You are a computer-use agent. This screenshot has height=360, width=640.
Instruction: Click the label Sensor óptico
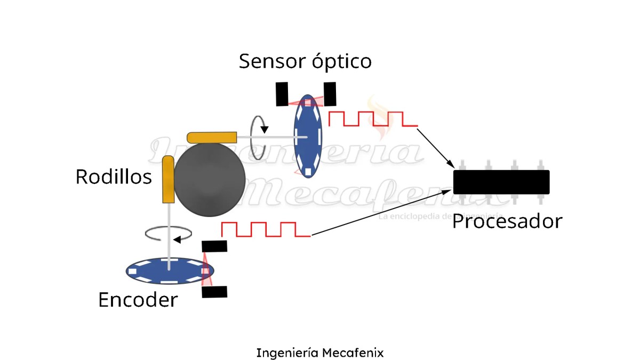coord(305,61)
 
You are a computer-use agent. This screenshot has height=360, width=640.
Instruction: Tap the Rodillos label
coord(114,177)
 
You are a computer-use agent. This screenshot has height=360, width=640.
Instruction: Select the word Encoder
coord(138,300)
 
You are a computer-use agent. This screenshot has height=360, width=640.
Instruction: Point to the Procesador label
coord(507,221)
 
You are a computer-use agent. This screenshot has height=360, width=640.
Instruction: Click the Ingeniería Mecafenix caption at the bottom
coord(320,353)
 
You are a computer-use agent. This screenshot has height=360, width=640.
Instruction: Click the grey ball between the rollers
coord(209,179)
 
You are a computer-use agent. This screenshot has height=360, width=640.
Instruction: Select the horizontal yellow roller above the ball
coord(212,137)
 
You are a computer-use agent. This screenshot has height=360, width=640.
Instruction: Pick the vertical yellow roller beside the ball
coord(168,179)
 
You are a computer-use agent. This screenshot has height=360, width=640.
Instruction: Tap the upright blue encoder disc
coord(308,137)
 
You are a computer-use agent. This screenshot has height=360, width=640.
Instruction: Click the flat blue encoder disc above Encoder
coord(169,270)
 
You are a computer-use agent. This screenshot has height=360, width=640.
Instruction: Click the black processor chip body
coord(501,182)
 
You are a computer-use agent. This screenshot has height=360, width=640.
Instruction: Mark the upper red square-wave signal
coord(373,119)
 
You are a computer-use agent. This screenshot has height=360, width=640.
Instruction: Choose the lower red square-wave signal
coord(266,229)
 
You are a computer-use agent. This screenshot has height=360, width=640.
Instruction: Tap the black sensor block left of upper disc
coord(282,94)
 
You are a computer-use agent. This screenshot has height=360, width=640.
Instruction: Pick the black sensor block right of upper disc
coord(330,93)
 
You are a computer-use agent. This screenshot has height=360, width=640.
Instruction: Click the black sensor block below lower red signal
coord(214,246)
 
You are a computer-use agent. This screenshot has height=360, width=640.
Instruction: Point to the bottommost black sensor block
coord(214,292)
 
